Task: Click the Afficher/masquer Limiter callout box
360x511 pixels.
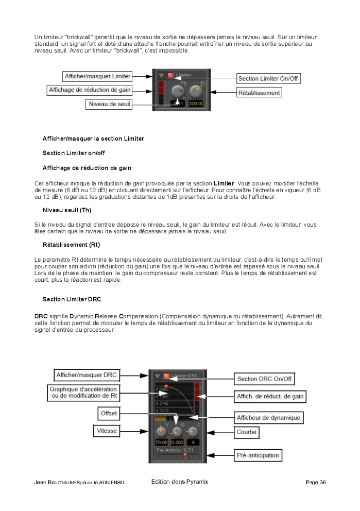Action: (x=97, y=76)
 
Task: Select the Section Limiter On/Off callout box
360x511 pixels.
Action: (x=268, y=79)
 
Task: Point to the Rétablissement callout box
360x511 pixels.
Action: (x=259, y=93)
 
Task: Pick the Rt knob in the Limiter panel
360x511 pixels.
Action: (x=196, y=92)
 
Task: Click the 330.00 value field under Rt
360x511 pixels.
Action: (x=196, y=104)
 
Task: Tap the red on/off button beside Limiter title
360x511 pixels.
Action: (x=170, y=75)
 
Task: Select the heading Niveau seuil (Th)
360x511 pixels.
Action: (x=67, y=210)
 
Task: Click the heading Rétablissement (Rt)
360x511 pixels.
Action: (x=71, y=244)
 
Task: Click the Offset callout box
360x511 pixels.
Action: (x=109, y=413)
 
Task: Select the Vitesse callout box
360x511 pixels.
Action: (x=107, y=430)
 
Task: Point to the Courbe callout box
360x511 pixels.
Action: (x=247, y=432)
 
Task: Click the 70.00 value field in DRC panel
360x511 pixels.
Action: (x=162, y=442)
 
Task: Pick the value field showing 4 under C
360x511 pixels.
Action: (x=193, y=442)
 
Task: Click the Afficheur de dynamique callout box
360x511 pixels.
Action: (x=268, y=417)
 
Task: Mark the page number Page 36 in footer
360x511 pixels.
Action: (x=315, y=483)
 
